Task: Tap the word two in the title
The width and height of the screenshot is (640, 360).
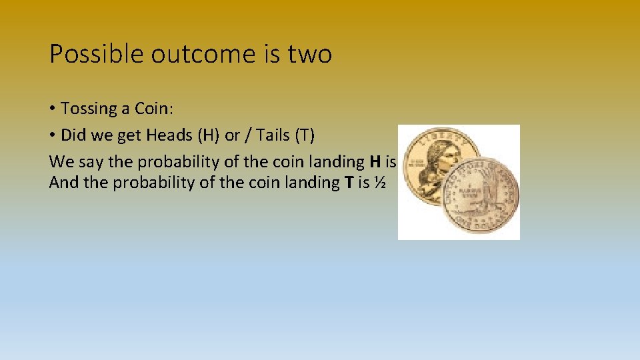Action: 309,54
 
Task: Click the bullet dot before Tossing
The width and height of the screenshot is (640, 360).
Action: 53,109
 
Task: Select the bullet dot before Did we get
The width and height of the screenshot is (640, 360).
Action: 53,135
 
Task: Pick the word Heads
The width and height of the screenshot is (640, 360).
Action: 169,135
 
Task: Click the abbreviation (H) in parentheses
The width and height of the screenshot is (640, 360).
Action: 208,135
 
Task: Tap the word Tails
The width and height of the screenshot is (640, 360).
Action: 273,135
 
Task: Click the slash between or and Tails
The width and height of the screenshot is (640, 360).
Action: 249,135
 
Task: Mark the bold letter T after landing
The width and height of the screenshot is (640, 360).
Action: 348,182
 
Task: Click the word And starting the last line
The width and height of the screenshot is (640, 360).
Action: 63,182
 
